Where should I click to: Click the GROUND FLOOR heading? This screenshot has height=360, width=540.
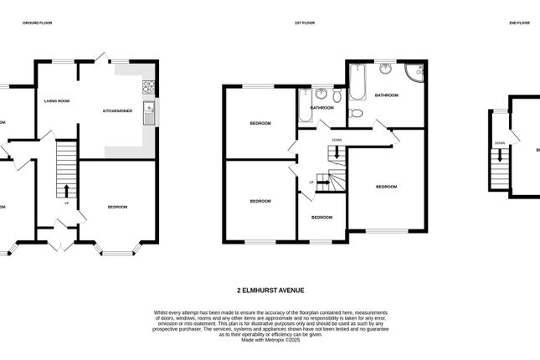[x=37, y=23]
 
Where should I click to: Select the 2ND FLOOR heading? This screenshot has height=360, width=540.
[x=519, y=23]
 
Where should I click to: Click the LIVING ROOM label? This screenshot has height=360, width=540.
[x=57, y=100]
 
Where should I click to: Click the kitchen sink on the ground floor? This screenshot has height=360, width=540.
[x=148, y=112]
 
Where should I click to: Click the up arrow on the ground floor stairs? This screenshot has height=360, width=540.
[x=67, y=191]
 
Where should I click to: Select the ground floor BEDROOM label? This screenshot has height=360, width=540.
[x=116, y=206]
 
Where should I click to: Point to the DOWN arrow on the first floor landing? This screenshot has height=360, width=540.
[x=336, y=152]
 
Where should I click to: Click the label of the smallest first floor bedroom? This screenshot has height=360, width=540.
[x=321, y=217]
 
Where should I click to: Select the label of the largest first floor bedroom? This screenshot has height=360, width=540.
[x=386, y=186]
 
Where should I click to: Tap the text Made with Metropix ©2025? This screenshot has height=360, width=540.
[x=270, y=340]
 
